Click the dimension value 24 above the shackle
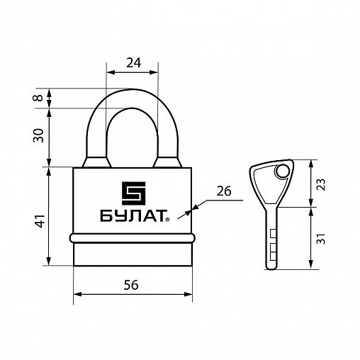pos(133,63)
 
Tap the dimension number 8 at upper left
pos(38,98)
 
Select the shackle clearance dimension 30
pos(38,135)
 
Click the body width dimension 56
pos(131,285)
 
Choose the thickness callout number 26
pos(224,191)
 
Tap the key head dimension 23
pos(321,184)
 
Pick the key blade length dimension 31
pos(321,239)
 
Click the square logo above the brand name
pos(133,193)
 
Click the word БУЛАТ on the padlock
pos(133,216)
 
